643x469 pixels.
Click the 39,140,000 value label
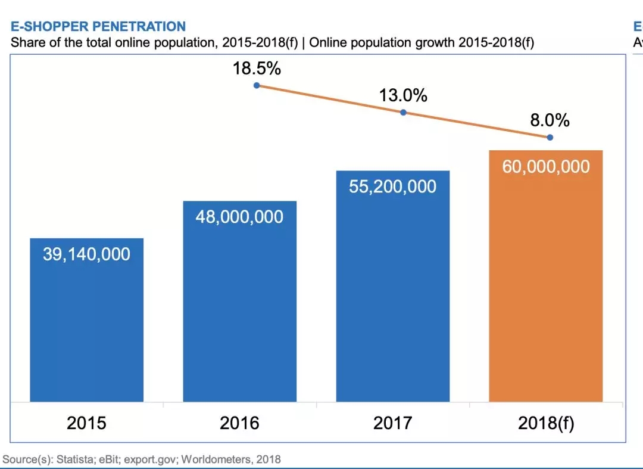86,254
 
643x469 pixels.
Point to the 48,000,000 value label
239,216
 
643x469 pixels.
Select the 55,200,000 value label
392,187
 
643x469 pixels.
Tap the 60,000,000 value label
546,166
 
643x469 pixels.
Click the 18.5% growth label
257,69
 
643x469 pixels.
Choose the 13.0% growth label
403,95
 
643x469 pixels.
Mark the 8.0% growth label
550,121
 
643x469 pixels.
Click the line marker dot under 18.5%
257,85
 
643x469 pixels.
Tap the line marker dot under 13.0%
403,112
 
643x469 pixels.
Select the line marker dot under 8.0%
550,138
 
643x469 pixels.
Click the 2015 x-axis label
86,423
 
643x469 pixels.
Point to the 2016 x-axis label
239,423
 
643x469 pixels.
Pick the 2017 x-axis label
392,423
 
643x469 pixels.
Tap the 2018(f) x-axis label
546,424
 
